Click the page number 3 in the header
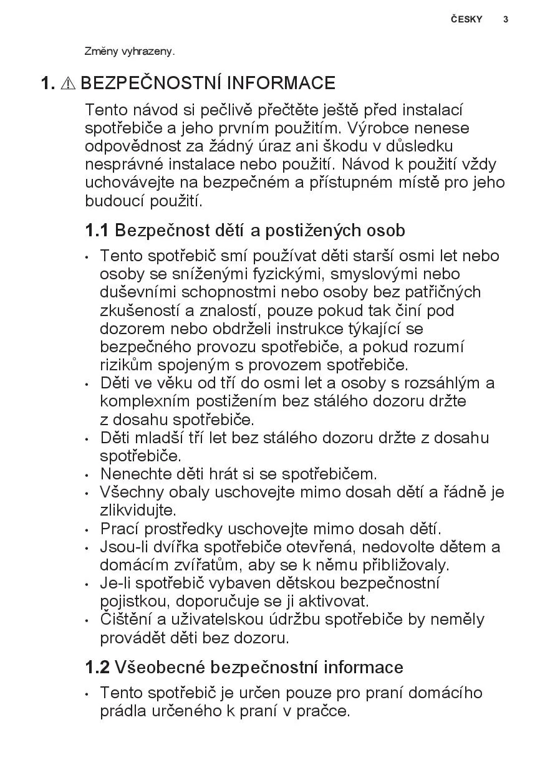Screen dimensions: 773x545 (x=506, y=19)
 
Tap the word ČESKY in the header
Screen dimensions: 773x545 (x=466, y=19)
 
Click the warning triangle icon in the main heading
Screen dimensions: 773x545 (x=69, y=84)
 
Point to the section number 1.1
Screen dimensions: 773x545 (x=97, y=231)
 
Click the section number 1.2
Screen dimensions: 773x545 (x=97, y=668)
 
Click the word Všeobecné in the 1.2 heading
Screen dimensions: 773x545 (x=160, y=668)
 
